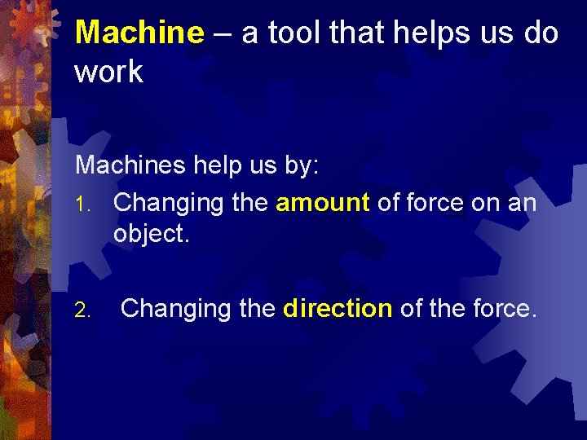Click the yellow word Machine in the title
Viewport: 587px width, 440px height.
coord(139,33)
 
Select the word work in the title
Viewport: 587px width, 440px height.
coord(108,72)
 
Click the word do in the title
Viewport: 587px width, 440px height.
coord(539,33)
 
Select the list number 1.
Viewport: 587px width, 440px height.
coord(81,204)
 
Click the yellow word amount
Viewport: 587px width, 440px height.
coord(323,203)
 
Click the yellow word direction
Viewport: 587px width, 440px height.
coord(338,309)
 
